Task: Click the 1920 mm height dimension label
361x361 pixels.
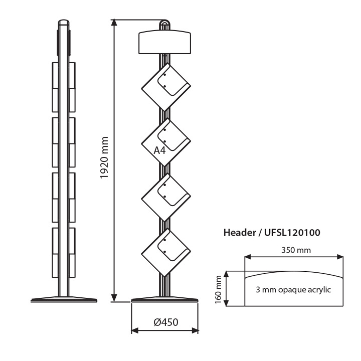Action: click(104, 157)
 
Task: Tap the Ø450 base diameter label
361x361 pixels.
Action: click(166, 322)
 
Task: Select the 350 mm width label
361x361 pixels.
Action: click(296, 250)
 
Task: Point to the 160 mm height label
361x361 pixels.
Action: click(218, 290)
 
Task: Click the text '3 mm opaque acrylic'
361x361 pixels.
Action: click(293, 290)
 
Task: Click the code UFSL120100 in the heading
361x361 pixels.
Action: click(292, 233)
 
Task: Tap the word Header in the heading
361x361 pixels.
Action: click(240, 233)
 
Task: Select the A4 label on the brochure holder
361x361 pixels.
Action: click(159, 150)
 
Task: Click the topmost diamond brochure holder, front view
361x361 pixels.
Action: click(166, 87)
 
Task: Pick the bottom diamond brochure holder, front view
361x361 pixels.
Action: click(166, 252)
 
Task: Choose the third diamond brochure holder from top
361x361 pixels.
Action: click(166, 197)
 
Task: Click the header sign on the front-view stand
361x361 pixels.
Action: click(164, 42)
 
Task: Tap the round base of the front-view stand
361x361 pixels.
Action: click(164, 300)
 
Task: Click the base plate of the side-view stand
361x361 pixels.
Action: click(64, 299)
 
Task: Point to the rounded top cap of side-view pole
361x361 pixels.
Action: click(64, 22)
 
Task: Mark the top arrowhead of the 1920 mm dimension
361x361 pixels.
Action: click(114, 23)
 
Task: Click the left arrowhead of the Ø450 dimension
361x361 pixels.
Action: click(135, 330)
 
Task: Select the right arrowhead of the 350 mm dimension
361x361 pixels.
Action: click(339, 257)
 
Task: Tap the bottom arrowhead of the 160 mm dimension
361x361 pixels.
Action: click(227, 302)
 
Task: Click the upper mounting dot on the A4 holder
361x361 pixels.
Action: click(165, 130)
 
